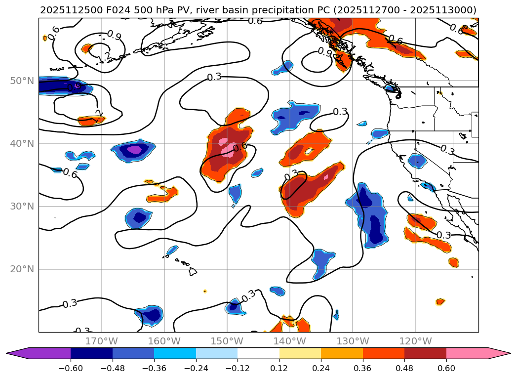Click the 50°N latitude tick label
point(19,81)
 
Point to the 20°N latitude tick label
point(19,269)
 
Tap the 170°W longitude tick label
point(101,341)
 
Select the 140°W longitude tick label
point(290,341)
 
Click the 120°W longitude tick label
point(415,341)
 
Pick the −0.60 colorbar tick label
point(71,368)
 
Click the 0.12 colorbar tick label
point(279,368)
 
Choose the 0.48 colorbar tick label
point(404,368)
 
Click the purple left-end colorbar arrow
point(15,353)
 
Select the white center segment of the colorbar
point(258,353)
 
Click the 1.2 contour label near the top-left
point(103,57)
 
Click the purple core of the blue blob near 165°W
point(134,149)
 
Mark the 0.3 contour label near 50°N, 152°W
point(214,77)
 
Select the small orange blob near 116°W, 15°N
point(440,301)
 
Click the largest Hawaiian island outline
point(193,272)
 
